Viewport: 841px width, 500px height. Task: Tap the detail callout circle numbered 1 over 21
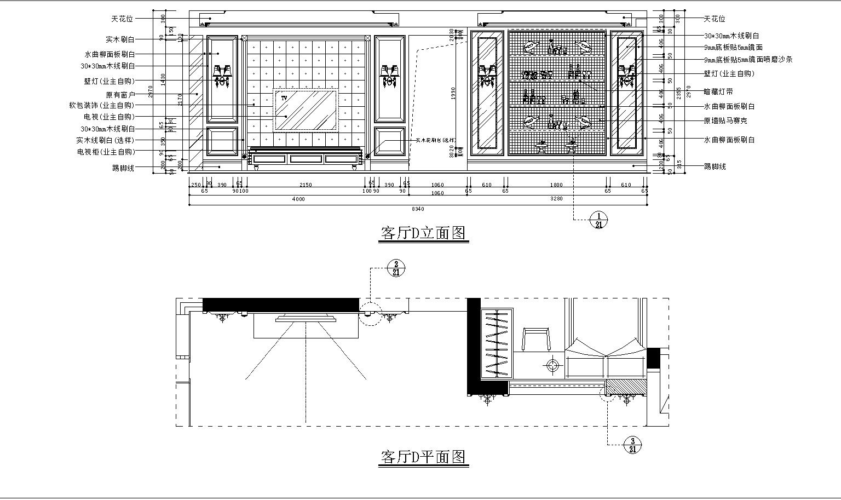[x=598, y=220]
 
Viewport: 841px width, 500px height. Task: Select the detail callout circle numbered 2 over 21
[x=396, y=268]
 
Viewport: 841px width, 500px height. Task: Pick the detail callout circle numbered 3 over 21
[x=632, y=445]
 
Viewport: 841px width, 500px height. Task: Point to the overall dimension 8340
[x=417, y=209]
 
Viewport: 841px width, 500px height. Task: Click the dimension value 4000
[x=298, y=199]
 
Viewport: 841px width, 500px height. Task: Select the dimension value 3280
[x=556, y=199]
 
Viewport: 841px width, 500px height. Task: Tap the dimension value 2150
[x=306, y=185]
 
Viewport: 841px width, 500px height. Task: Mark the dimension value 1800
[x=556, y=185]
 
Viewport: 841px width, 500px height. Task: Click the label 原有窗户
[x=120, y=94]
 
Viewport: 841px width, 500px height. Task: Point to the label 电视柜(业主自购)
[x=106, y=152]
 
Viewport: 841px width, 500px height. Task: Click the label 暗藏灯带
[x=718, y=92]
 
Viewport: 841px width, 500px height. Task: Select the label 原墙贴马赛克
[x=725, y=120]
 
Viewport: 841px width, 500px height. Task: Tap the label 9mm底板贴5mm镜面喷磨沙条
[x=748, y=60]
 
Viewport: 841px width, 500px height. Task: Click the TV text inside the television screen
[x=284, y=97]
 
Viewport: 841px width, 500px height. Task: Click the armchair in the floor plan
[x=537, y=340]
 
